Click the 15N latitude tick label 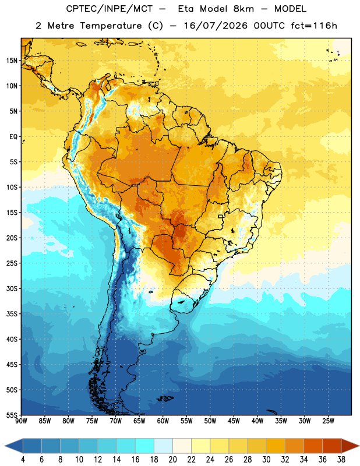pyautogui.click(x=12, y=61)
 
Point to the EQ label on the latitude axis pyautogui.click(x=13, y=137)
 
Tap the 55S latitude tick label pyautogui.click(x=12, y=415)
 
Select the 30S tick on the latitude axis pyautogui.click(x=12, y=288)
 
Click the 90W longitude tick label pyautogui.click(x=21, y=421)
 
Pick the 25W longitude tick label pyautogui.click(x=328, y=421)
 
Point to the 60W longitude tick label pyautogui.click(x=163, y=421)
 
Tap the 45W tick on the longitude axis pyautogui.click(x=234, y=421)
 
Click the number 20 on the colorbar pyautogui.click(x=172, y=460)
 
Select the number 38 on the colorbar pyautogui.click(x=341, y=460)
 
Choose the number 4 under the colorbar pyautogui.click(x=23, y=460)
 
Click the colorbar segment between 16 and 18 pyautogui.click(x=145, y=446)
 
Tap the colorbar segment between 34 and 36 pyautogui.click(x=313, y=446)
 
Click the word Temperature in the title pyautogui.click(x=111, y=26)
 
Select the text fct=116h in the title pyautogui.click(x=314, y=26)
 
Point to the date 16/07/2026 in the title pyautogui.click(x=215, y=26)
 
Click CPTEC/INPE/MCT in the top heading pyautogui.click(x=109, y=9)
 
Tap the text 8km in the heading pyautogui.click(x=243, y=9)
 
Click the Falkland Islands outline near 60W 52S pyautogui.click(x=165, y=398)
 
